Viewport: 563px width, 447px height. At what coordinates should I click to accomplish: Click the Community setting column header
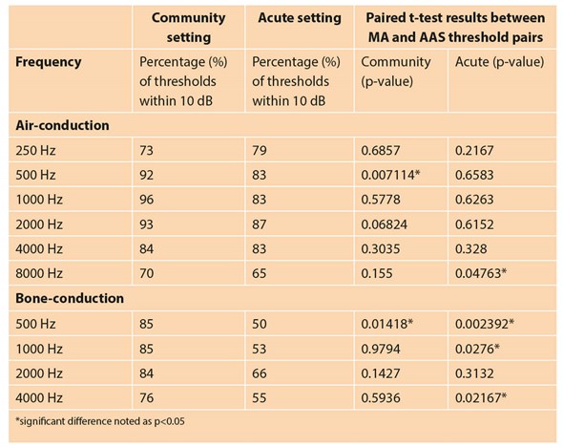188,26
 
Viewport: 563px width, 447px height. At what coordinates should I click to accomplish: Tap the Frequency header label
49,62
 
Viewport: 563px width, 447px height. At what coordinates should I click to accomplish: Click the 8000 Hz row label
41,271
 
